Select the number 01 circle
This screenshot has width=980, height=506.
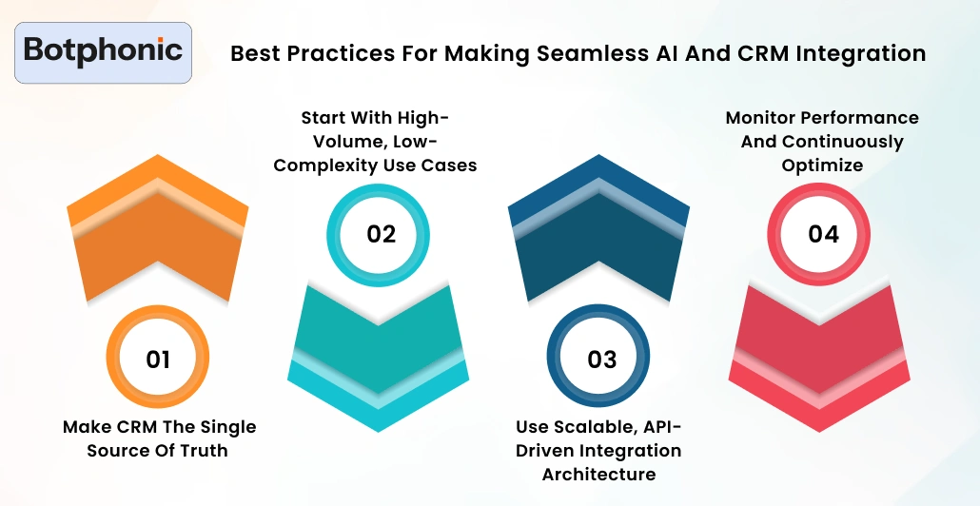coord(158,359)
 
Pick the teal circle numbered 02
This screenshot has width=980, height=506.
coord(380,234)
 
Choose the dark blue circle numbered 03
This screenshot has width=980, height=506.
coord(601,359)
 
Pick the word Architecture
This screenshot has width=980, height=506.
coord(598,473)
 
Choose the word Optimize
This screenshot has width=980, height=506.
coord(822,165)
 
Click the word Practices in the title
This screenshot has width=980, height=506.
coord(322,53)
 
